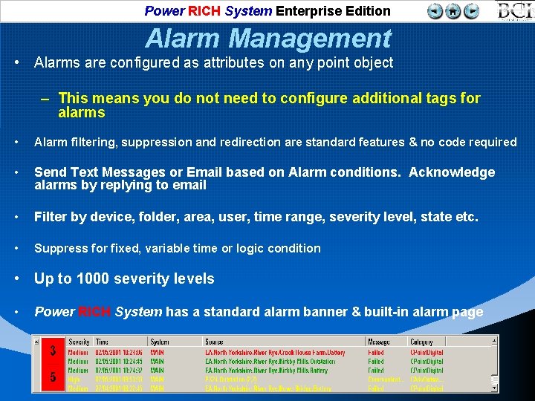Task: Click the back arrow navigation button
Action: point(435,11)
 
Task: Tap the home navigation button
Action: point(453,11)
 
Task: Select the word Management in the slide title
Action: point(310,38)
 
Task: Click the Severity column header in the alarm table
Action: point(79,342)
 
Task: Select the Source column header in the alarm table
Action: point(214,342)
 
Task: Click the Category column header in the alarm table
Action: point(423,342)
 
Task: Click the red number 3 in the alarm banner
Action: point(52,350)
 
